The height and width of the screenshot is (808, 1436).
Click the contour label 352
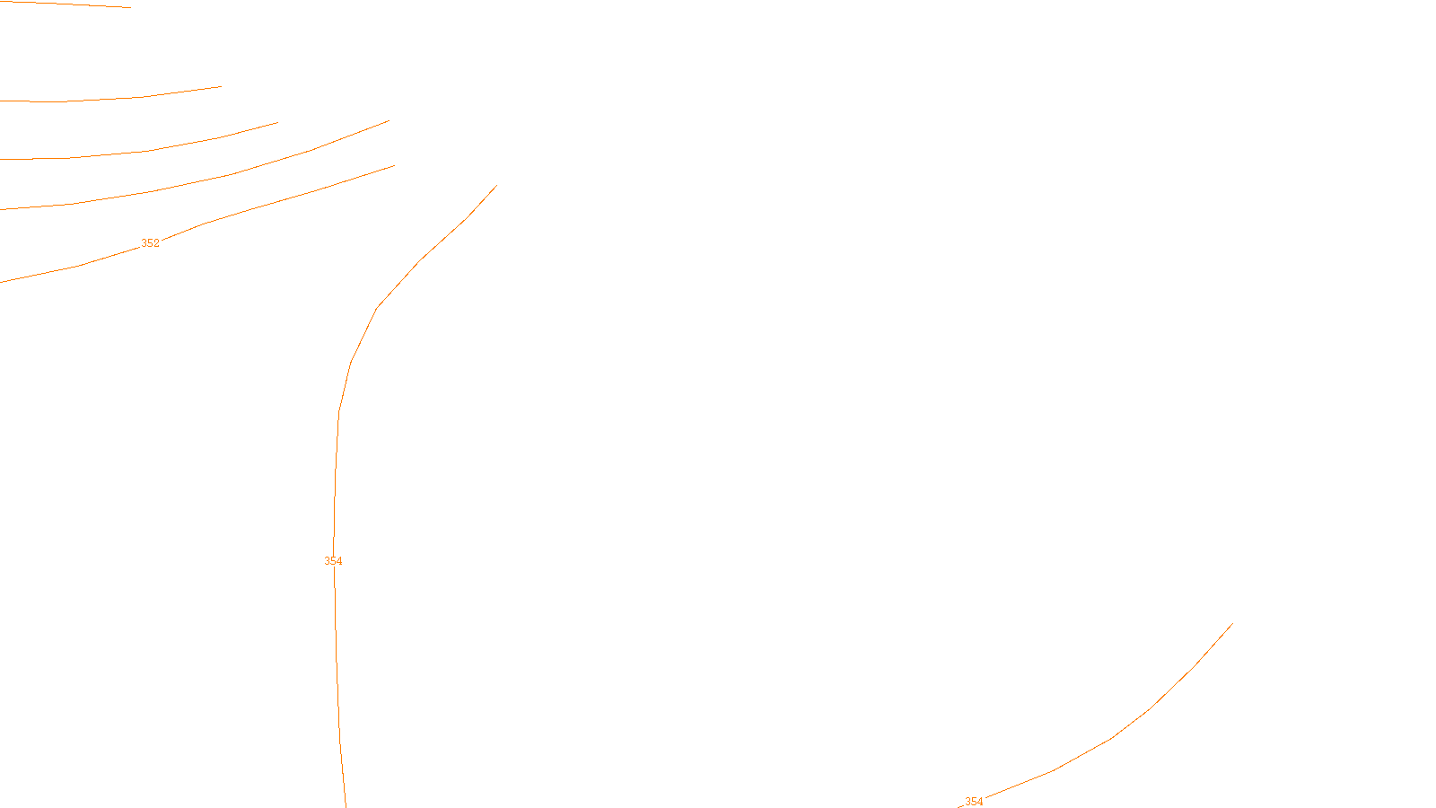pos(150,243)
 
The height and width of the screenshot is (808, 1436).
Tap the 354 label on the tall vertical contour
pos(333,561)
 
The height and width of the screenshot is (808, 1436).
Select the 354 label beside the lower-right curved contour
pos(974,802)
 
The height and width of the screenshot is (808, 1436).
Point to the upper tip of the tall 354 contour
pos(496,186)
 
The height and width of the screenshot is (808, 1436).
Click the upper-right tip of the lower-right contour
pos(1232,624)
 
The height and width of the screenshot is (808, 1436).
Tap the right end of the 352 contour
pos(394,166)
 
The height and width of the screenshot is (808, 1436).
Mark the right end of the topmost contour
pos(130,7)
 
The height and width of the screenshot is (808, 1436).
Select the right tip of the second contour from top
pos(221,87)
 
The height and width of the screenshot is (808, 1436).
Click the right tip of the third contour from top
pos(277,123)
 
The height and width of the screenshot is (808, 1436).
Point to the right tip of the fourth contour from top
pos(389,121)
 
